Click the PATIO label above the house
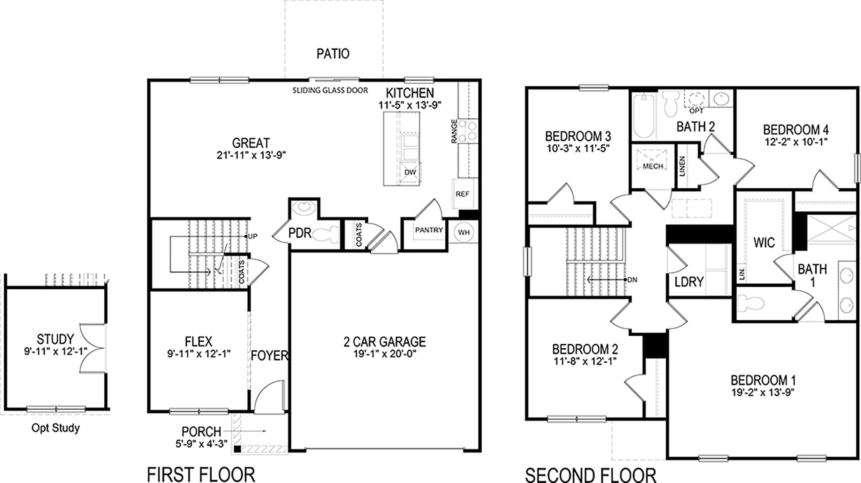(333, 54)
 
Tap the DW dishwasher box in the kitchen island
(410, 172)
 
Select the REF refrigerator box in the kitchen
(462, 194)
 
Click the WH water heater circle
(464, 232)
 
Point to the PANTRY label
(429, 230)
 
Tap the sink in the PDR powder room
(304, 206)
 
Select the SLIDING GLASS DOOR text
(330, 90)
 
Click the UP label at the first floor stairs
(252, 236)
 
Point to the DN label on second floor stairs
(632, 280)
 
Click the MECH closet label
(653, 166)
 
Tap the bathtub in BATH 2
(644, 116)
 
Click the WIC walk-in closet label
(764, 242)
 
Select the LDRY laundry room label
(689, 282)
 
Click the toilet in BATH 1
(751, 304)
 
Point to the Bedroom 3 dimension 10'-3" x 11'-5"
(578, 148)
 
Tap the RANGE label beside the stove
(454, 131)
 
